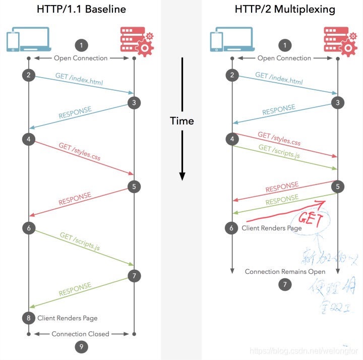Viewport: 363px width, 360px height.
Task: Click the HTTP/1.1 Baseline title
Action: (x=81, y=10)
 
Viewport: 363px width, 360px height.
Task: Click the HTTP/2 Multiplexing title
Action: (x=284, y=10)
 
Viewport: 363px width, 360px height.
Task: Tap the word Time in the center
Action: (x=181, y=121)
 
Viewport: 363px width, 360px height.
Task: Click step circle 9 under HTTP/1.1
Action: (x=81, y=346)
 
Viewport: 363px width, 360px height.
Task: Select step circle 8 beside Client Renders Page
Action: (x=28, y=318)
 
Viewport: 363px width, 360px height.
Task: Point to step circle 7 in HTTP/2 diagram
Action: (x=284, y=284)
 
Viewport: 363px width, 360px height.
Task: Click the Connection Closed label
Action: (x=81, y=334)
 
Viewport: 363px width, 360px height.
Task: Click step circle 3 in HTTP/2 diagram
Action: (x=337, y=102)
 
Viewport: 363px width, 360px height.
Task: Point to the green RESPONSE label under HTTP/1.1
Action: (x=75, y=290)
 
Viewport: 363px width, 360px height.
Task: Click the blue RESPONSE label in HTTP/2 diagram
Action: (x=279, y=111)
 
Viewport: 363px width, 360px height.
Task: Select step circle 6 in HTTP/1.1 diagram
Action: (x=28, y=228)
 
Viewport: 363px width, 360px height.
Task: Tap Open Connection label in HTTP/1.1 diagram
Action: (x=81, y=58)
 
